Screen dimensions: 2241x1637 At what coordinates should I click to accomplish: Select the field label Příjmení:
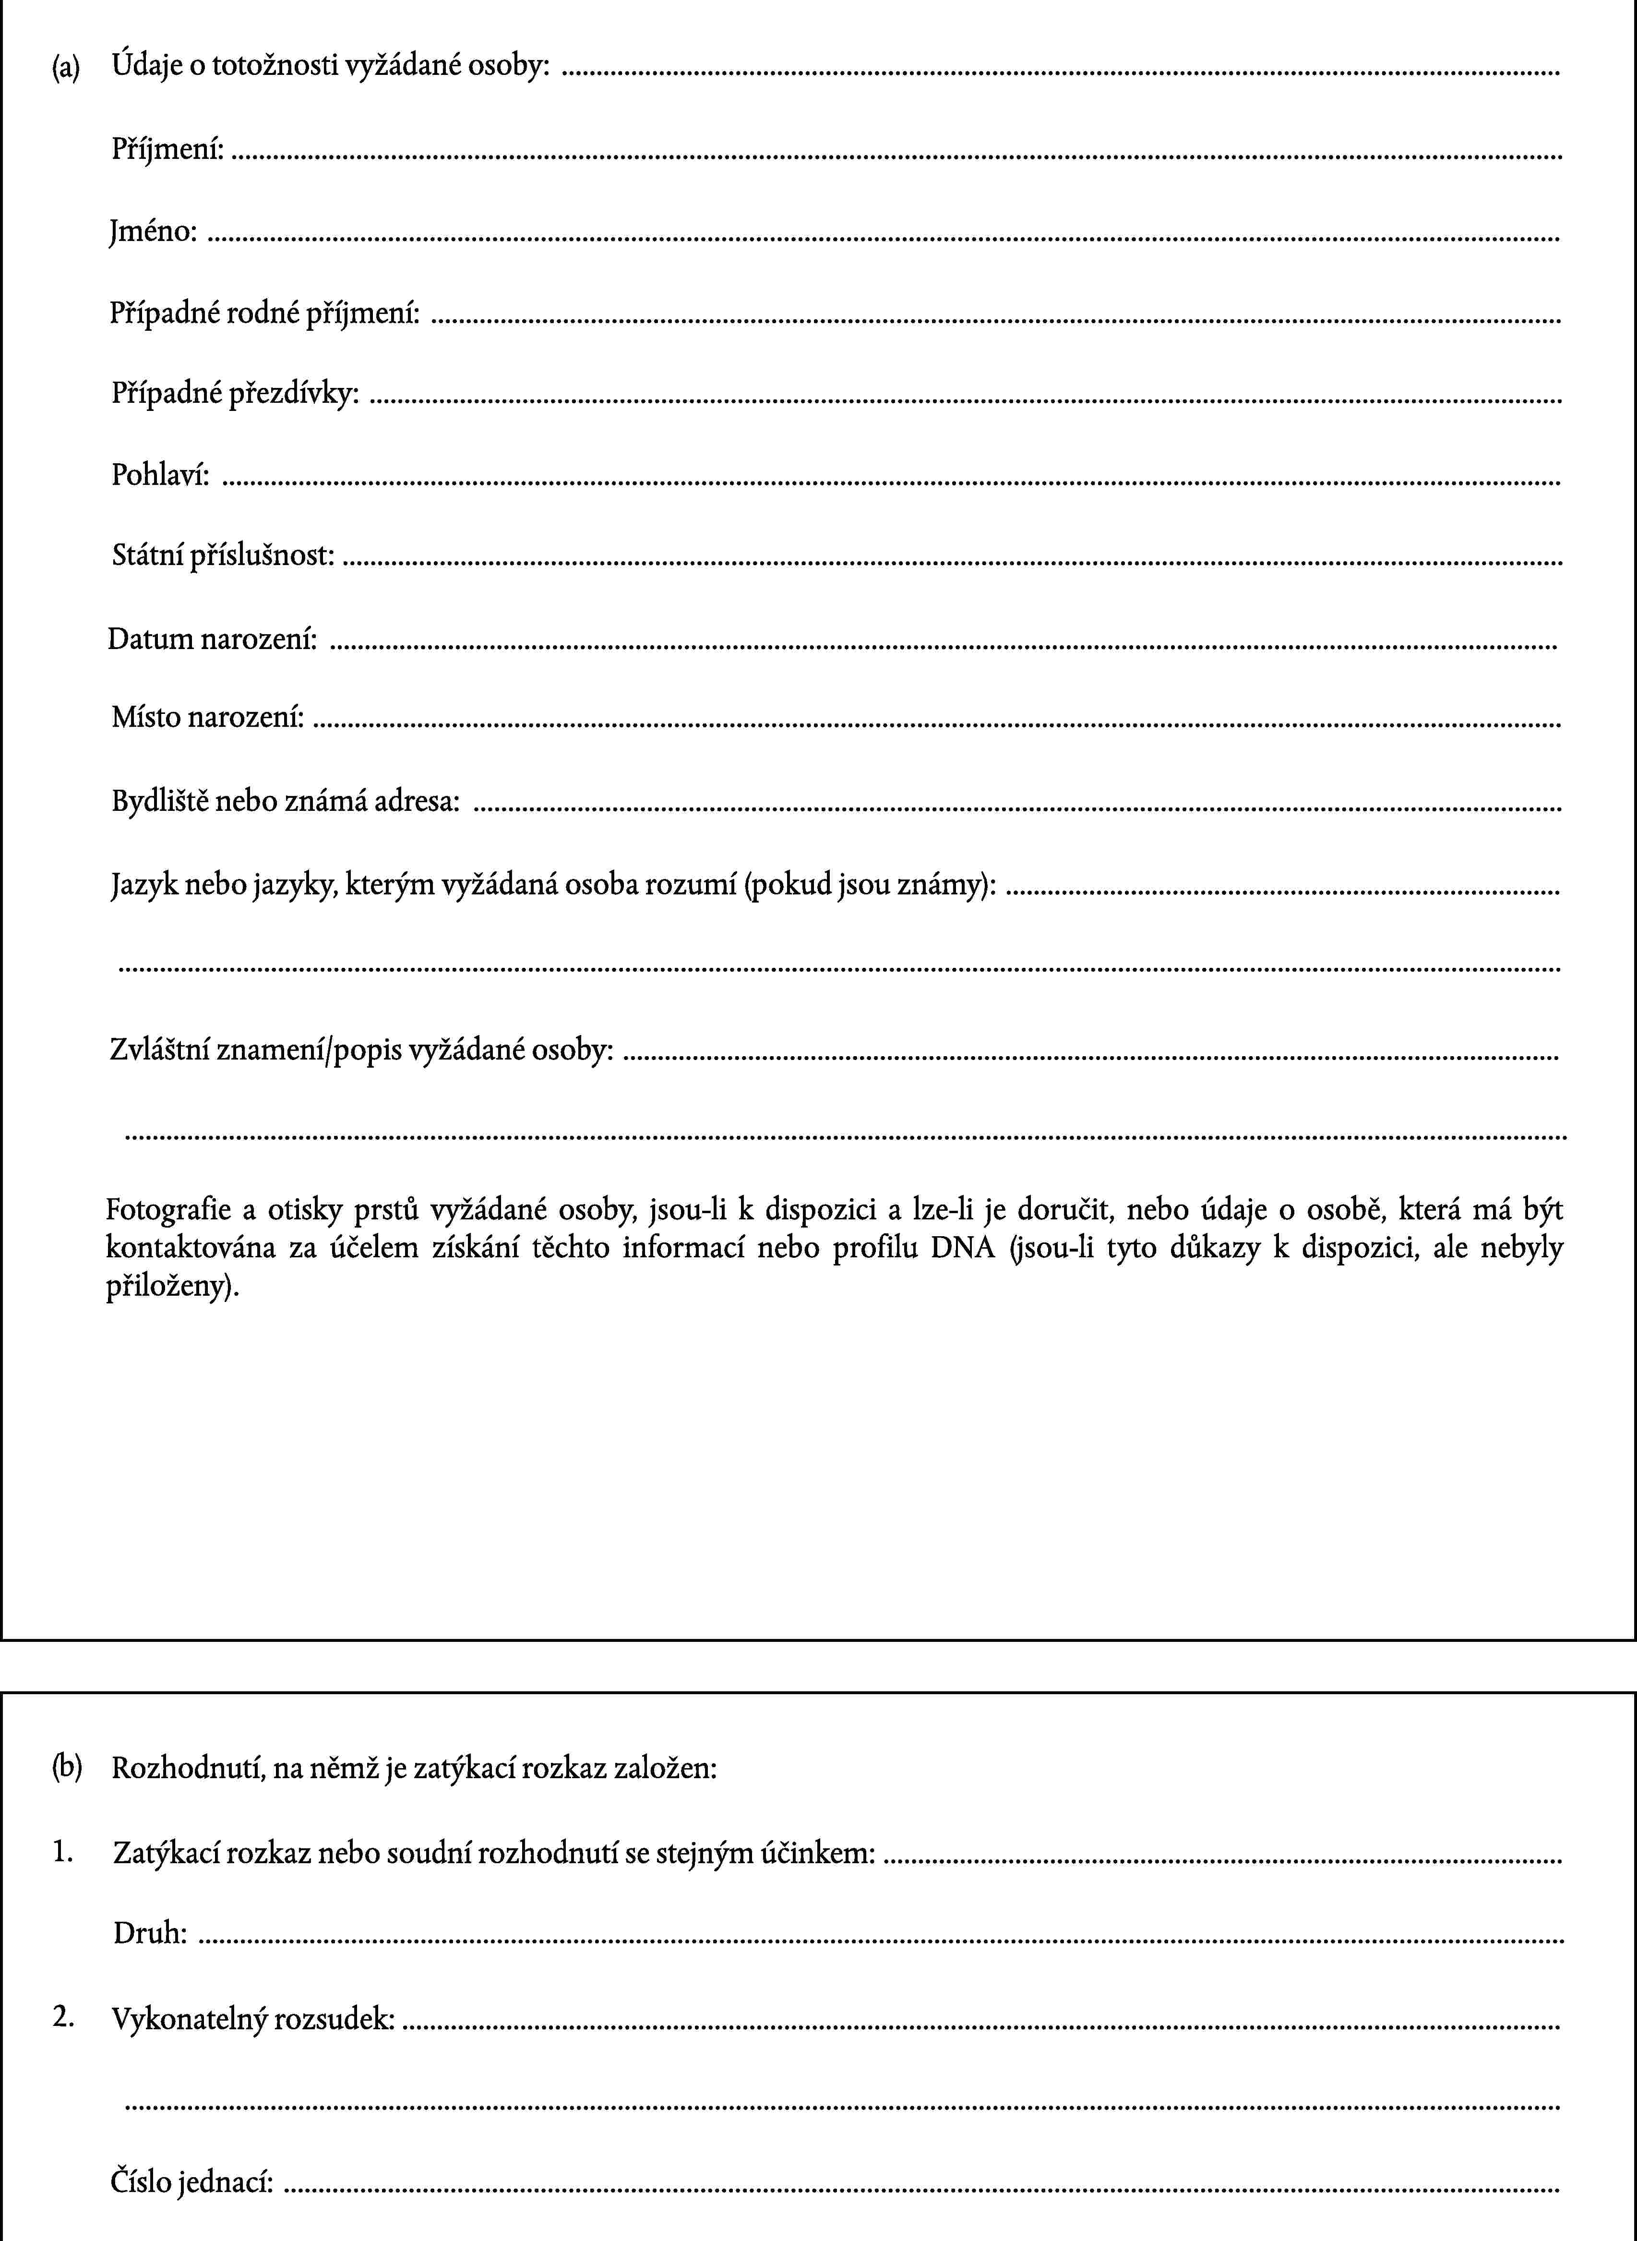tap(167, 150)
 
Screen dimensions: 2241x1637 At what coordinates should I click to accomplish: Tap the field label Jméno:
tap(153, 232)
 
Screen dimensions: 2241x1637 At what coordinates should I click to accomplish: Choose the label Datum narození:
tap(212, 639)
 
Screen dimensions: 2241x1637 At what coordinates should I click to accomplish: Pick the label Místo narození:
tap(207, 717)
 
